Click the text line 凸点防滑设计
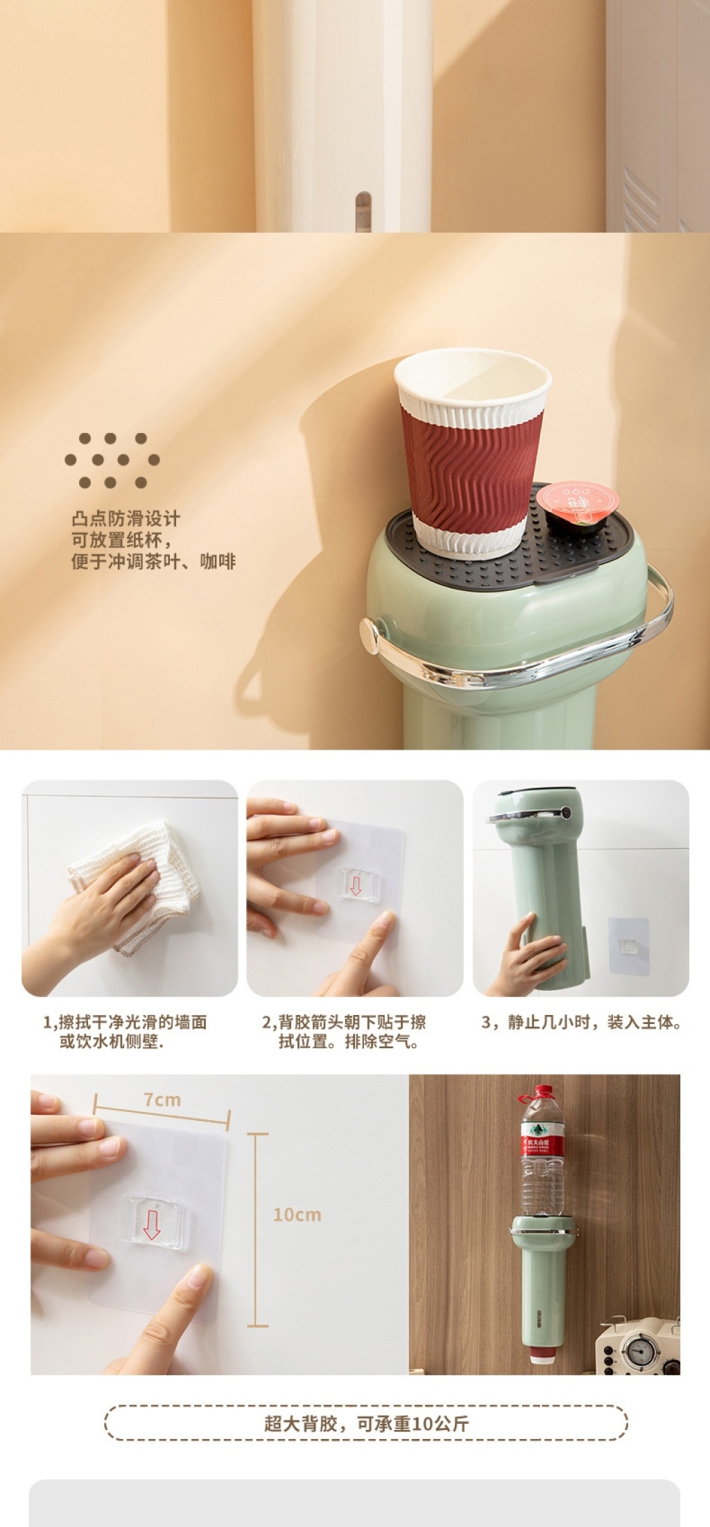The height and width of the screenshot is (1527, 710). [x=125, y=519]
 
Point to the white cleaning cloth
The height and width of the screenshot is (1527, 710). [x=135, y=886]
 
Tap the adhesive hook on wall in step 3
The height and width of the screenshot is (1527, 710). [x=629, y=946]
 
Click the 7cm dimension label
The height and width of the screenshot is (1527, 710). [x=162, y=1100]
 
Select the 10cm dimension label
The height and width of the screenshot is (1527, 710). [x=297, y=1215]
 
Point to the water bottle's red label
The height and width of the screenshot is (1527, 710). [x=542, y=1145]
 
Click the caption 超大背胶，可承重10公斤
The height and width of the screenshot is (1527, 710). [x=366, y=1424]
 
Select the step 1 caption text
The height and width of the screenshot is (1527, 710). [x=125, y=1032]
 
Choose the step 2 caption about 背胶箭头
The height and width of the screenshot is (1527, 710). [x=344, y=1032]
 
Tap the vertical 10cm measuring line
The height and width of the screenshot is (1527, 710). [x=257, y=1230]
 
